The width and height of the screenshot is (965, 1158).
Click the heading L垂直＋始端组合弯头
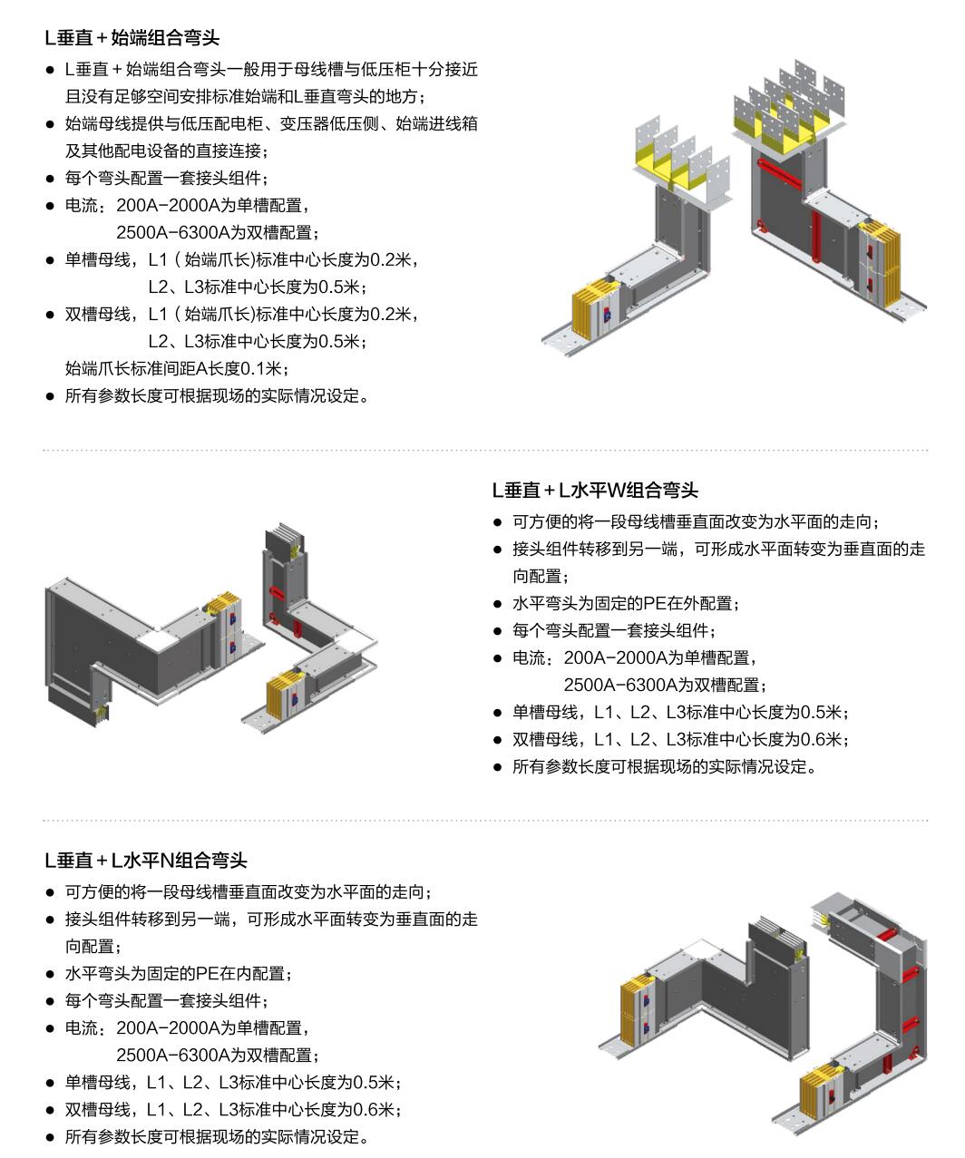click(x=132, y=38)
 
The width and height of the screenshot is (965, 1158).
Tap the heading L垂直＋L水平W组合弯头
click(x=595, y=490)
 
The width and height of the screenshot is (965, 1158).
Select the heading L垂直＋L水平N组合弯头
click(x=146, y=861)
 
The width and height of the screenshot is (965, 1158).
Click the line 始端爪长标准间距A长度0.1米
click(x=176, y=368)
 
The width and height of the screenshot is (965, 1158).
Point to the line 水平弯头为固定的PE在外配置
click(x=626, y=603)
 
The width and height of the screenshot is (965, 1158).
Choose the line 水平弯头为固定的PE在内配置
click(x=179, y=973)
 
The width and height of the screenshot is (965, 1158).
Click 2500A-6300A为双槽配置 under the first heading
click(x=218, y=232)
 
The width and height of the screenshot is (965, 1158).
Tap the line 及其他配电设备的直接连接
click(x=167, y=151)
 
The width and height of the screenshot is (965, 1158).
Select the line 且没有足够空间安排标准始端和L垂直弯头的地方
click(x=246, y=96)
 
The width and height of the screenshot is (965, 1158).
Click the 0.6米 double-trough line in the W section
click(x=680, y=739)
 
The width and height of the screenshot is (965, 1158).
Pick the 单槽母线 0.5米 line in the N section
click(x=233, y=1082)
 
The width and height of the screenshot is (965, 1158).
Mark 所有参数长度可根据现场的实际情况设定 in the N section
click(x=217, y=1136)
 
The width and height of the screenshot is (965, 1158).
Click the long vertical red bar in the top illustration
click(x=816, y=235)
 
